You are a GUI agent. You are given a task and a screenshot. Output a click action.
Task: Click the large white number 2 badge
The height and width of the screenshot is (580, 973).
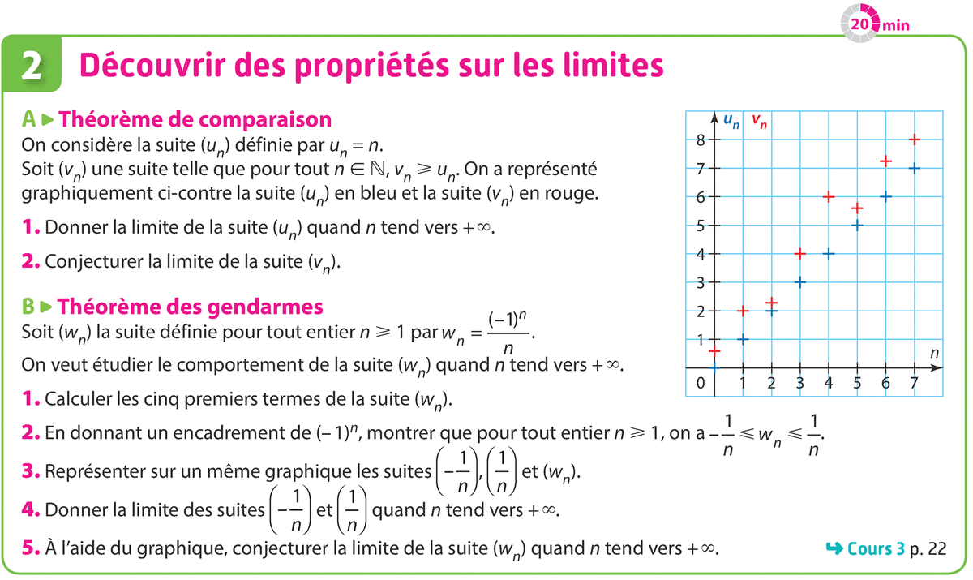point(32,66)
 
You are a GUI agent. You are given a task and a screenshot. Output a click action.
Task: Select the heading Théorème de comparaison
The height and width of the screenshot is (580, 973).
point(196,120)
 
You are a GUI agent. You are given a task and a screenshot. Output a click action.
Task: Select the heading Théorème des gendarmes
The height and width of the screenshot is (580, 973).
point(192,307)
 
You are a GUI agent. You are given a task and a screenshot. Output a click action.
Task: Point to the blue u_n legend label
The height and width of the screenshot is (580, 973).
point(731,122)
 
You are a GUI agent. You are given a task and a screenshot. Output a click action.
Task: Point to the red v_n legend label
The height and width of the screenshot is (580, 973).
point(760,122)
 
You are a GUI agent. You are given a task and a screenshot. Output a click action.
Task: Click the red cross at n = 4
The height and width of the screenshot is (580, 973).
point(829,196)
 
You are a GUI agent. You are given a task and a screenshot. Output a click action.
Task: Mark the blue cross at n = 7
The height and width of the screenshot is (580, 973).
point(914,168)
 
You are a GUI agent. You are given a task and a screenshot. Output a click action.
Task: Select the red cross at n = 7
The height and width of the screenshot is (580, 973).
point(914,140)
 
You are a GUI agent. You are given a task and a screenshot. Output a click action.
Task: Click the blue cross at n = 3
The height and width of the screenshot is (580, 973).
point(800,282)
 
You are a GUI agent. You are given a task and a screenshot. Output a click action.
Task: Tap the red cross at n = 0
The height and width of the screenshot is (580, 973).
point(714,350)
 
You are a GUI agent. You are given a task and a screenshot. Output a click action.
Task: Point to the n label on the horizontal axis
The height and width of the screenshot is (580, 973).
point(934,353)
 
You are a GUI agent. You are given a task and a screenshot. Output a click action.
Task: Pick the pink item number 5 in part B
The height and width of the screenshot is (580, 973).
point(32,549)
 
